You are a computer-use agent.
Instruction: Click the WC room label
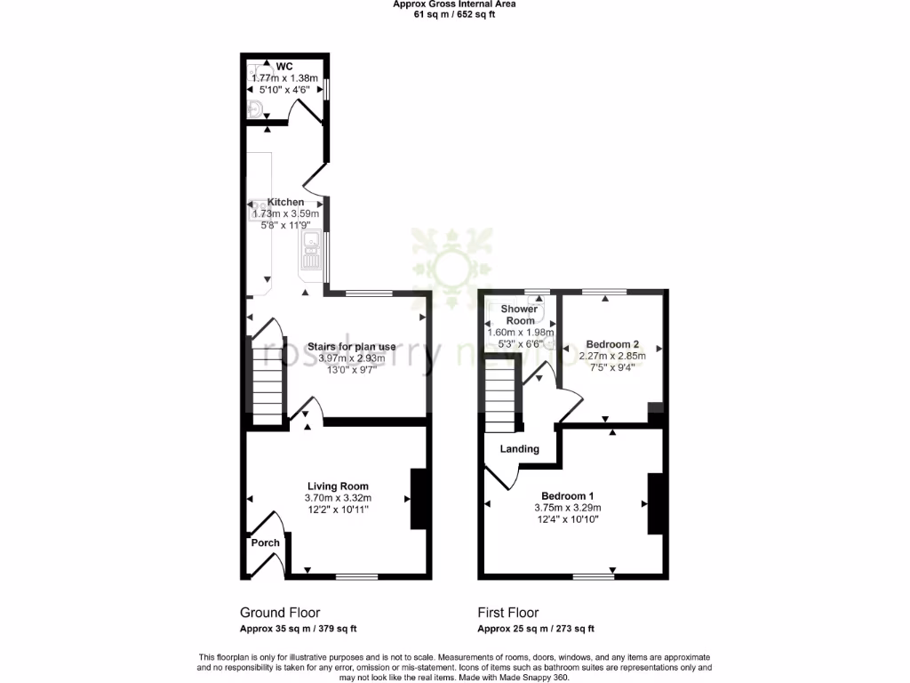point(284,67)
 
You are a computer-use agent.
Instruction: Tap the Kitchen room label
point(280,203)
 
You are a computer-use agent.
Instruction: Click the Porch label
point(265,542)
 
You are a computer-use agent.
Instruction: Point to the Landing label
point(520,449)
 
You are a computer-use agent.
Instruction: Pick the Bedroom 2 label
point(612,345)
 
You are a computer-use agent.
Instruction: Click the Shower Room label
point(520,315)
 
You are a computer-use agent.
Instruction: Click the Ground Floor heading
point(280,613)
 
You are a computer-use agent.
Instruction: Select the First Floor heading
point(508,613)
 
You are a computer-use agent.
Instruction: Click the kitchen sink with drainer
point(311,250)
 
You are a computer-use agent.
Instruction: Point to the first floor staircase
point(501,401)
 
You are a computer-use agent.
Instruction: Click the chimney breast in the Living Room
point(416,499)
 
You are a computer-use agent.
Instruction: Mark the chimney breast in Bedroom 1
point(656,503)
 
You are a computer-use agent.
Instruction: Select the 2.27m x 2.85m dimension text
point(612,357)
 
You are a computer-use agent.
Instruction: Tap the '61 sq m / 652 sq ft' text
point(454,14)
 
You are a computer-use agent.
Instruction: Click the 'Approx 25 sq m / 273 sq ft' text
point(537,629)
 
